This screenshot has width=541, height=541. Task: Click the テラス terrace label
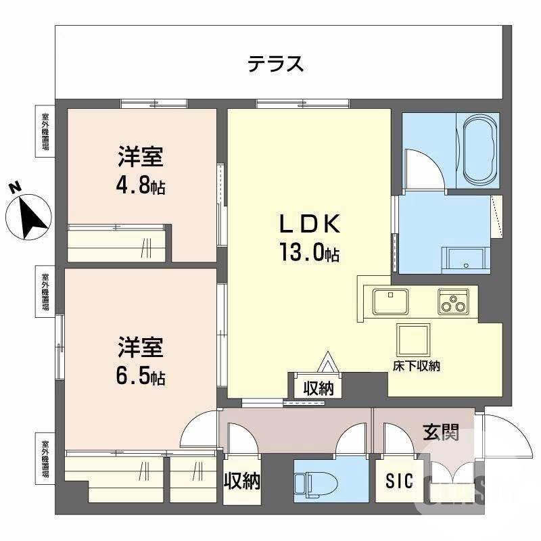tap(275, 64)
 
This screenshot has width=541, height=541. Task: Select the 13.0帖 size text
tap(309, 254)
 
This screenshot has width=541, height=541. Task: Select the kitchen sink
tap(389, 301)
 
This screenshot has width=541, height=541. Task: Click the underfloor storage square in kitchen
tap(413, 338)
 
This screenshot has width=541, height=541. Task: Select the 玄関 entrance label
tap(440, 432)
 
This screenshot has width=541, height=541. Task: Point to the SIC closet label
tap(399, 481)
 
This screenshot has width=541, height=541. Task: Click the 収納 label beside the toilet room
tap(242, 481)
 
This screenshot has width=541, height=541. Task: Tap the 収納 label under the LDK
tap(318, 389)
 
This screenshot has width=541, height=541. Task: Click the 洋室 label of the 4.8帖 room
tap(141, 158)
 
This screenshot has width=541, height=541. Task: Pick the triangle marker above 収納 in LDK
tap(329, 362)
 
